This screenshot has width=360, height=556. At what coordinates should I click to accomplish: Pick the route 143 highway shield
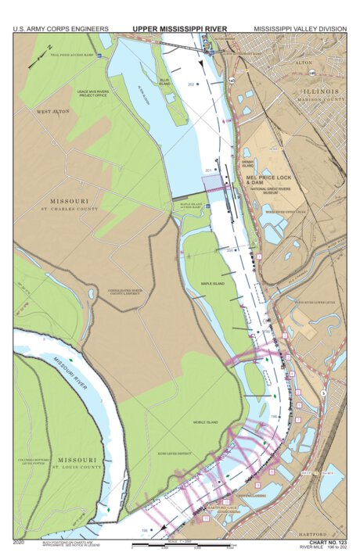(232, 81)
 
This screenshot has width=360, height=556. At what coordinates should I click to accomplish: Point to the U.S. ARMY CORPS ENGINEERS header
(60, 29)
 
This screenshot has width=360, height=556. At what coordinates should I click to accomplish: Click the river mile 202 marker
(192, 84)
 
